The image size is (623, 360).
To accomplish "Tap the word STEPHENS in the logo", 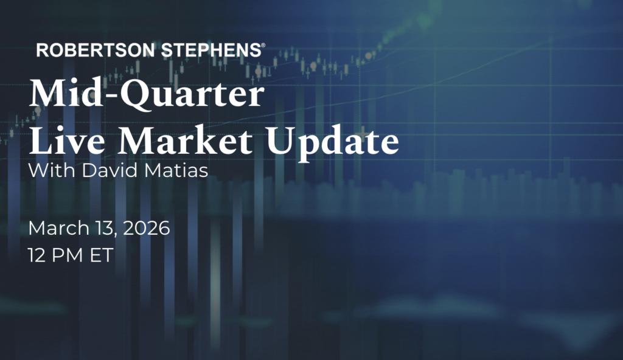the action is pyautogui.click(x=211, y=50).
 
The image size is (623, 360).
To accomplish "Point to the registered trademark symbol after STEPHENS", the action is pyautogui.click(x=263, y=46).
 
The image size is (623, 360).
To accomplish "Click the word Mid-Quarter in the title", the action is pyautogui.click(x=147, y=94).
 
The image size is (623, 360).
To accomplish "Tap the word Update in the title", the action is pyautogui.click(x=333, y=142).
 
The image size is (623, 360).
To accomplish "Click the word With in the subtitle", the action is pyautogui.click(x=52, y=170).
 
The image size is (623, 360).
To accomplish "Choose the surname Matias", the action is pyautogui.click(x=176, y=170).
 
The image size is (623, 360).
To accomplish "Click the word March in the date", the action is pyautogui.click(x=59, y=229).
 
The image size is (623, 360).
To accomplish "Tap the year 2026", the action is pyautogui.click(x=147, y=229).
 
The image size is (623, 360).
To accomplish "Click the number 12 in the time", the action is pyautogui.click(x=37, y=255).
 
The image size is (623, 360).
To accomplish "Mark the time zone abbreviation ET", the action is pyautogui.click(x=102, y=255).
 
